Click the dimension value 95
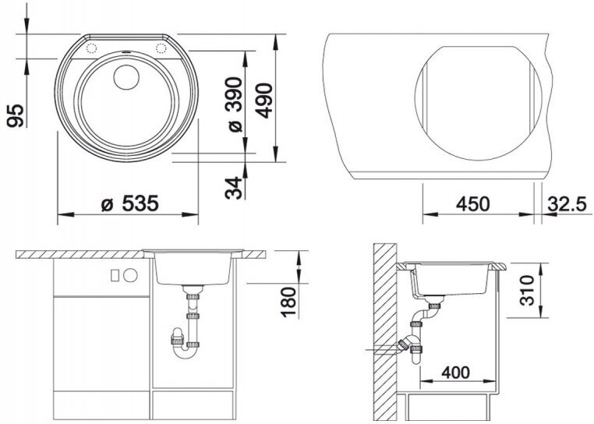pyautogui.click(x=16, y=115)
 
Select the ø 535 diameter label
pyautogui.click(x=130, y=204)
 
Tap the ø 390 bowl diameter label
pyautogui.click(x=234, y=104)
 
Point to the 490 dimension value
pyautogui.click(x=264, y=101)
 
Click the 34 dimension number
pyautogui.click(x=234, y=188)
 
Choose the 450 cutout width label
pyautogui.click(x=472, y=204)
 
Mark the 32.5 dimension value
pyautogui.click(x=567, y=204)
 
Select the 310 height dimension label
pyautogui.click(x=527, y=290)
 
